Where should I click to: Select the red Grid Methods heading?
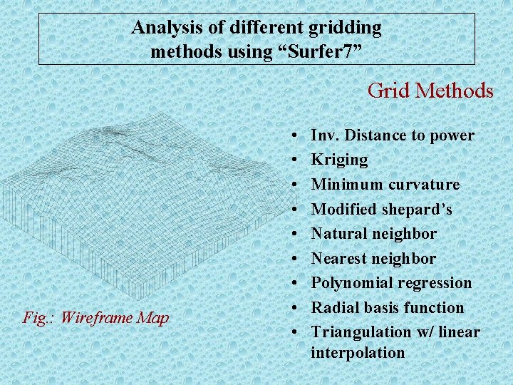(430, 91)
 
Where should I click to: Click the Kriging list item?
(339, 160)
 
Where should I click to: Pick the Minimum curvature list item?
(385, 185)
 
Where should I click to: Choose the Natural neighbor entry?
(373, 234)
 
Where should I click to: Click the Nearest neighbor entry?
(373, 258)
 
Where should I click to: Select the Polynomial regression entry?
(391, 283)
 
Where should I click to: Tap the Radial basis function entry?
(387, 307)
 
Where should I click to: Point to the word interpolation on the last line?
(358, 352)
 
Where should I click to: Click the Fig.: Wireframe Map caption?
(95, 317)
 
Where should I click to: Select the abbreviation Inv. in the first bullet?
(325, 135)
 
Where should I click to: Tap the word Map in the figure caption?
(153, 317)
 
